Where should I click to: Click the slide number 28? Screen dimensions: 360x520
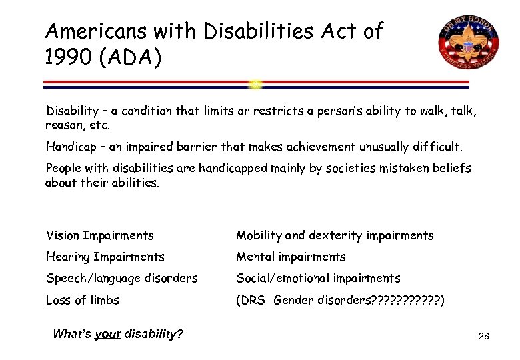click(484, 336)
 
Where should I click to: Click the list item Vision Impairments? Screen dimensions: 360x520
click(99, 235)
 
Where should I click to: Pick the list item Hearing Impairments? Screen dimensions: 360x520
click(105, 257)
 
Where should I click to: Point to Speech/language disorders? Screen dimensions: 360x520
click(121, 278)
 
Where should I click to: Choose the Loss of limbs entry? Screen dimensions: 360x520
click(82, 300)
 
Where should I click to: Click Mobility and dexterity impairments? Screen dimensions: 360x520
click(335, 235)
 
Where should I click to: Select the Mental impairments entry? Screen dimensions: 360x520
click(291, 257)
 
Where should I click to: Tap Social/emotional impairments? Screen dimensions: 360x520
click(318, 278)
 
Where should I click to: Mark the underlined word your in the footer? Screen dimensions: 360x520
click(107, 334)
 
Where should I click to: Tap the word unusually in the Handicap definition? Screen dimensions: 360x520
click(368, 146)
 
